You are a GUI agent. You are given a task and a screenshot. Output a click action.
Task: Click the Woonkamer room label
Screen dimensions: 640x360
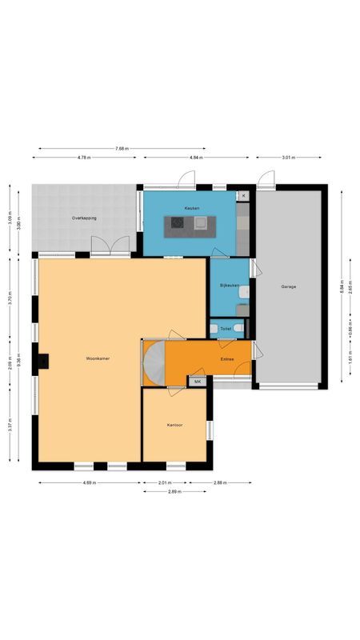click(98, 359)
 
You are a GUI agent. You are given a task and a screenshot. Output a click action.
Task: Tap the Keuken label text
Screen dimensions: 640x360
click(191, 208)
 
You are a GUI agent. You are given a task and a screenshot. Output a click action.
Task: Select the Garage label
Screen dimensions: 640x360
click(288, 286)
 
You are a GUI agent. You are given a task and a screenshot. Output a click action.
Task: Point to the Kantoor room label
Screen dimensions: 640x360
click(175, 425)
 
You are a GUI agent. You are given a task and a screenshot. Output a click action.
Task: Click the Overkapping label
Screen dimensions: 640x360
click(84, 218)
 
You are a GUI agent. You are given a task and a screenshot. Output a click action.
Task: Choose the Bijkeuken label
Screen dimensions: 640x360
click(230, 286)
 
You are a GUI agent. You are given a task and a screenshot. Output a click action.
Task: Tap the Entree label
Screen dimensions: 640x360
click(227, 359)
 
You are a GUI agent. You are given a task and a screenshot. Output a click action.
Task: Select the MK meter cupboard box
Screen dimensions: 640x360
click(198, 382)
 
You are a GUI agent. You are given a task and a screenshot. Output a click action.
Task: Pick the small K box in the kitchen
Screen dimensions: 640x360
click(243, 195)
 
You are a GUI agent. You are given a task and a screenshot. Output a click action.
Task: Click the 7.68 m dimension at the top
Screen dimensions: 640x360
click(122, 149)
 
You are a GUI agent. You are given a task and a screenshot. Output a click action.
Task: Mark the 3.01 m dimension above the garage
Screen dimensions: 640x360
click(288, 158)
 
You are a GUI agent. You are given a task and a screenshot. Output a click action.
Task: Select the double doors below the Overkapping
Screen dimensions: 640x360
click(109, 246)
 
